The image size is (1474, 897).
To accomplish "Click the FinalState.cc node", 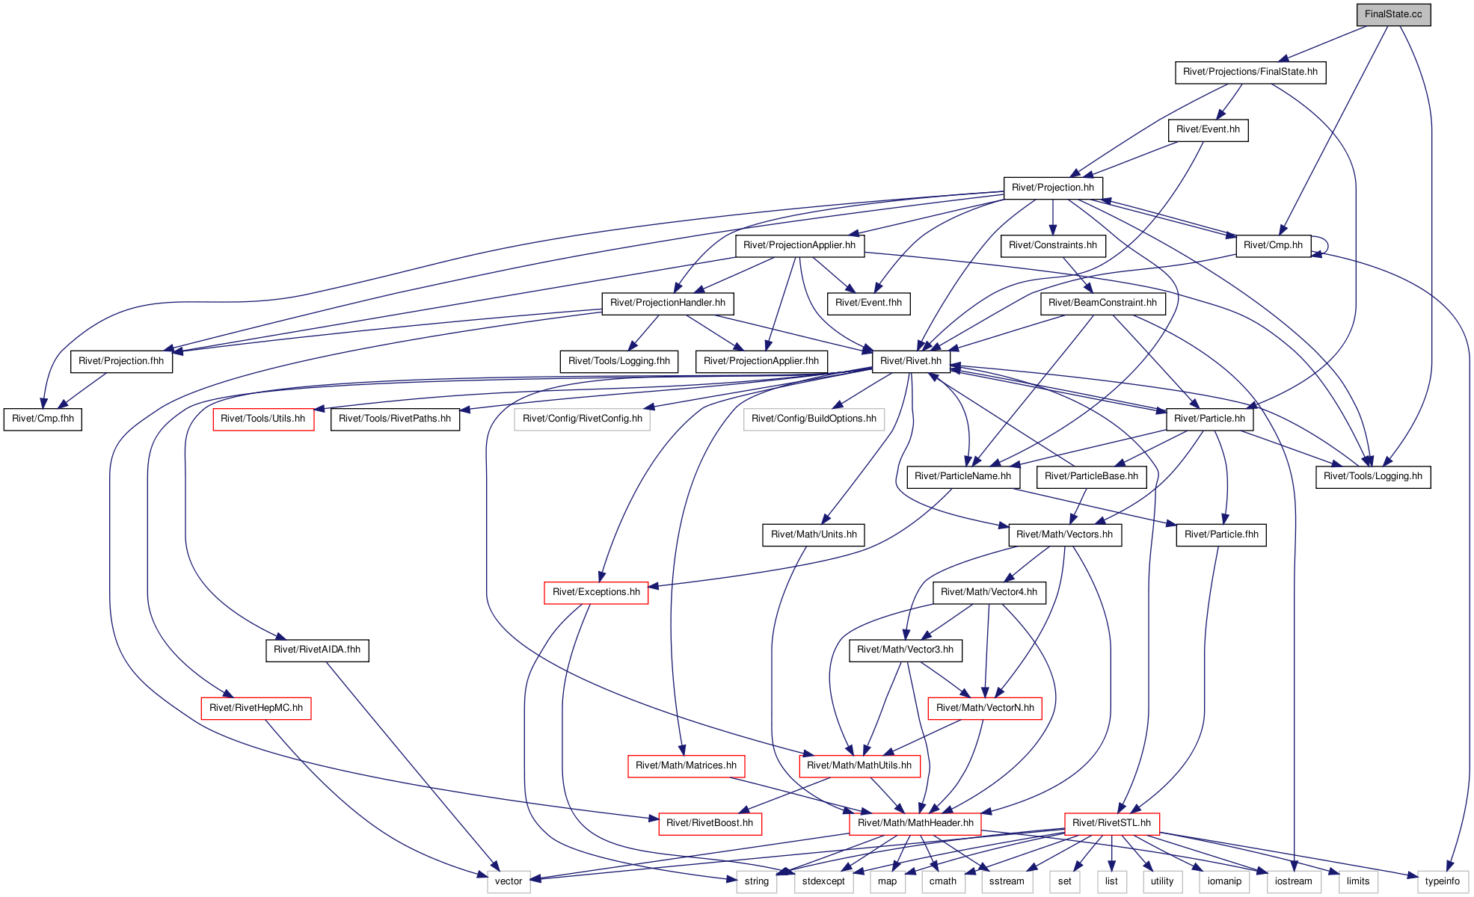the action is [1393, 14].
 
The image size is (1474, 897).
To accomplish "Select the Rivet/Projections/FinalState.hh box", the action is [1250, 73].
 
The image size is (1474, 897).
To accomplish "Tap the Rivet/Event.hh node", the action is [1208, 130].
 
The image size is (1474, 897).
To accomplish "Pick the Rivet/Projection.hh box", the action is [1053, 188].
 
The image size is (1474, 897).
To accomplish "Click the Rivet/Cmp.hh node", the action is [1273, 245].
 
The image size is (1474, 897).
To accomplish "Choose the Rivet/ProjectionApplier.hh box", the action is [799, 245].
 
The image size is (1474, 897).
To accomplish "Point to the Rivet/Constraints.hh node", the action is [1053, 245].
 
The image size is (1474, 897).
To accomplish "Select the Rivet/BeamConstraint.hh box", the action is [1102, 303].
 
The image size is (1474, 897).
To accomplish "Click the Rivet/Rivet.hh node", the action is [911, 361].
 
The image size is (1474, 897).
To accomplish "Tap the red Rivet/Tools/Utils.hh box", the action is [263, 419].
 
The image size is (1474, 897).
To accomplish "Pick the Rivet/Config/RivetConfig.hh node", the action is [583, 419].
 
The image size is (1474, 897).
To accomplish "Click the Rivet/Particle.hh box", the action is [1209, 419].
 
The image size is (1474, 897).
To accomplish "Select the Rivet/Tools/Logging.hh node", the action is [1373, 476].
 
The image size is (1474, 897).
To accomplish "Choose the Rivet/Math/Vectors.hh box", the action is [1065, 534].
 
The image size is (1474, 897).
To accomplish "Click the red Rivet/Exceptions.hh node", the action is [596, 592].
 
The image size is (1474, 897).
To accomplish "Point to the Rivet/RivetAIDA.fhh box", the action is [317, 650].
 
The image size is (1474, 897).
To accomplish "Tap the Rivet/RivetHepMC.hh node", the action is [256, 708].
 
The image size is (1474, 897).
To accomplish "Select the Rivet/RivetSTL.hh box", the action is [1112, 823].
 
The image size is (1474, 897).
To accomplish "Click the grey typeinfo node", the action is [1443, 881].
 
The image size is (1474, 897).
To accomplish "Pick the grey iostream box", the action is [1294, 881].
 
